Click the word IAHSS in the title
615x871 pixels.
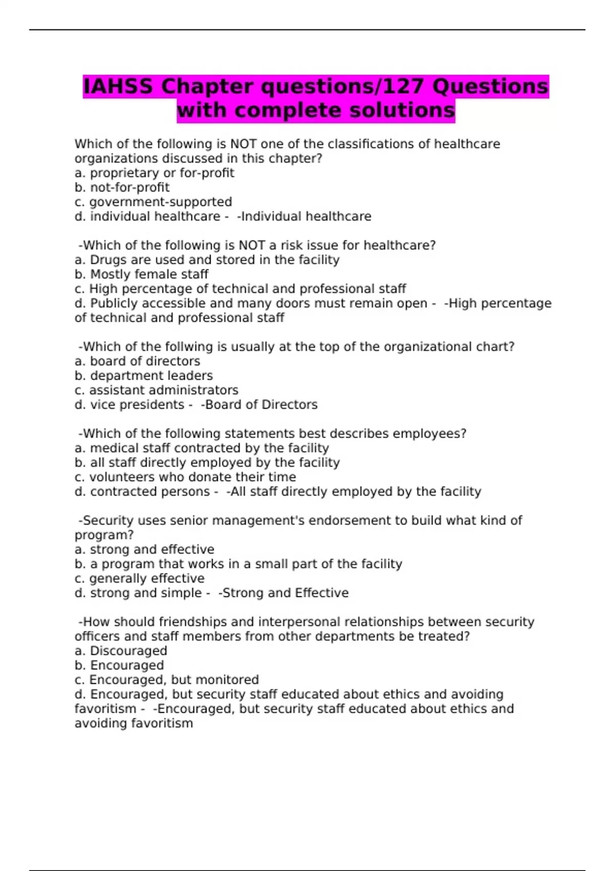[118, 87]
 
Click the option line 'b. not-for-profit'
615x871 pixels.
[122, 188]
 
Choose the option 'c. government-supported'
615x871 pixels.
[153, 202]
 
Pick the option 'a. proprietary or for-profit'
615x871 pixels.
[154, 173]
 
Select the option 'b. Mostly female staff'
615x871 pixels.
[141, 275]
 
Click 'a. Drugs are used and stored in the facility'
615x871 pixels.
[207, 260]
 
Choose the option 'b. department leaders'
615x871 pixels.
[143, 376]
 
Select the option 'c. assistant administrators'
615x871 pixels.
[156, 390]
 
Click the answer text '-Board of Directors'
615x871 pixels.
[259, 405]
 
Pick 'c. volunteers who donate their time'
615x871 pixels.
[185, 477]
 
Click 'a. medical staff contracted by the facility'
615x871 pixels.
[202, 448]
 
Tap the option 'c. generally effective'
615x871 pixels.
[139, 578]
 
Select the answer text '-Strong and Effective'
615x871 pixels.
[283, 593]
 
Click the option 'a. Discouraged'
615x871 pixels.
[121, 651]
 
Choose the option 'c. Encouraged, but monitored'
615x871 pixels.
[167, 680]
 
